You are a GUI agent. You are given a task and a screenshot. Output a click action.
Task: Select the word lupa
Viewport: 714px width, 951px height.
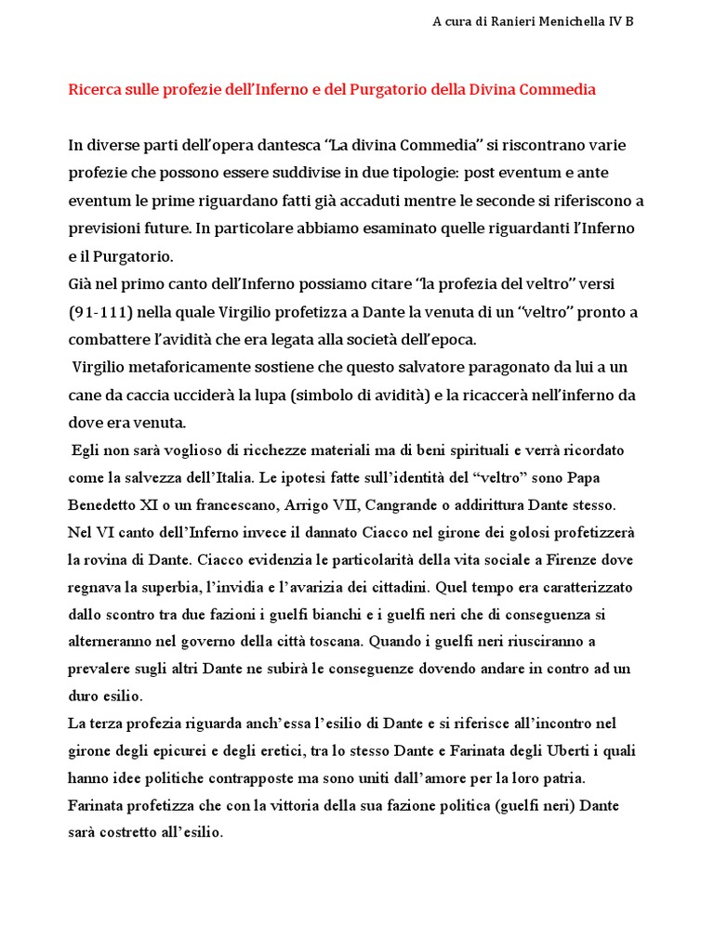[266, 395]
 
